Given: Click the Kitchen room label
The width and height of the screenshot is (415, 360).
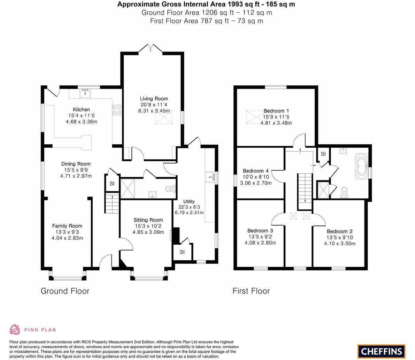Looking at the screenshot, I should pos(81,109).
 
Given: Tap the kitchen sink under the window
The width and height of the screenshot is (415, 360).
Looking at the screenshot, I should pos(85,93).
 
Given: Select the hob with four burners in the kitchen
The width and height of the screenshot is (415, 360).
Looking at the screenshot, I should pos(117,110).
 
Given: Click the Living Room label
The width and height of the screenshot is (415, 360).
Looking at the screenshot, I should pos(154,99).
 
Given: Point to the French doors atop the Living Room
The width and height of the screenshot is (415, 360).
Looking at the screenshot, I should pos(151,49).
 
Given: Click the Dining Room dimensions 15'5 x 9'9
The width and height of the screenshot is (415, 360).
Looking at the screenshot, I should pos(76,170).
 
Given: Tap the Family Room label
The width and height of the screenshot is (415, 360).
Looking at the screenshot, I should pos(67,226).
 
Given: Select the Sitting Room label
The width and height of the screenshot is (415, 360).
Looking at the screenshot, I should pos(148,220).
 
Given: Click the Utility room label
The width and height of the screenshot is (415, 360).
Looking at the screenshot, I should pos(189,201).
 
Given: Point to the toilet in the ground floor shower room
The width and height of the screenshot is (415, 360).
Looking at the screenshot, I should pos(170,189).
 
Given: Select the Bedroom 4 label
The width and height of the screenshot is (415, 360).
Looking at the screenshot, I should pos(255,171).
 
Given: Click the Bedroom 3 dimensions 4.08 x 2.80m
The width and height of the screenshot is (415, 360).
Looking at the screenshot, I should pos(260,243).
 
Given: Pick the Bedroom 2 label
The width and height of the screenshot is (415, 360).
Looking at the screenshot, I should pos(339,231).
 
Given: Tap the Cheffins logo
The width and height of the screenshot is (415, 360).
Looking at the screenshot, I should pos(382,351).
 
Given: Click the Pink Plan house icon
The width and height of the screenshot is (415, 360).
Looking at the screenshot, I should pos(15,329).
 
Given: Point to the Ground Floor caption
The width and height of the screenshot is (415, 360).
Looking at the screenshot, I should pos(65,291).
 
